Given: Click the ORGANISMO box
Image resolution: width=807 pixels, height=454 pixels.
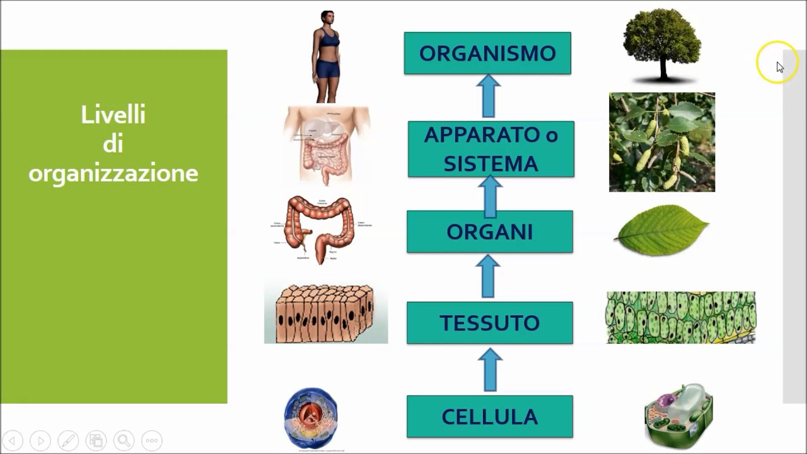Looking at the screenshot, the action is point(487,54).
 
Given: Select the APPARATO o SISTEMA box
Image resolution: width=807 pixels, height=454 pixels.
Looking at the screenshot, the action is point(491,149).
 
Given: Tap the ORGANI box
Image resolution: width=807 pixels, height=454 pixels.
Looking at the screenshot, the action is point(489,232).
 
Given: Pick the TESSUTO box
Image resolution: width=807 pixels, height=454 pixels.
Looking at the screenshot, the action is point(489,323).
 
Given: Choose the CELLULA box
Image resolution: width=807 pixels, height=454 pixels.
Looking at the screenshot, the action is point(489,417).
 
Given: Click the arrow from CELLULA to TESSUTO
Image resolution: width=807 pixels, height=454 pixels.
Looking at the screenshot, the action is point(489,371).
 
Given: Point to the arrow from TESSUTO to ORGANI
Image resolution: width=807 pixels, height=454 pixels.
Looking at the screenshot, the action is point(488,276).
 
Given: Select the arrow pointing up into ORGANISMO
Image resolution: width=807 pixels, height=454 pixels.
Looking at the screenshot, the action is point(488,96).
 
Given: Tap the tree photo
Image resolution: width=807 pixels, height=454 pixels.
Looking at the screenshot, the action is point(662,44).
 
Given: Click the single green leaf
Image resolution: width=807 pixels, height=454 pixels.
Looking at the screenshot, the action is point(661,230).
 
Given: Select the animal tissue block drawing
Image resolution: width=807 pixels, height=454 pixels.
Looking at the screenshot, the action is point(325,313).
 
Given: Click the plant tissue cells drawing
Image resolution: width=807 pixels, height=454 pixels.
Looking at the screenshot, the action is point(680,317).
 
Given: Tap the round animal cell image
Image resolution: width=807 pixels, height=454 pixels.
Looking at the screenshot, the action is point(311,418).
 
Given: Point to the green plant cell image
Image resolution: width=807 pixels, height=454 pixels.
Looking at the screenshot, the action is point(678,414).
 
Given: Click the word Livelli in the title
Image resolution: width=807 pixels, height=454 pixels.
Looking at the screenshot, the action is point(113,115).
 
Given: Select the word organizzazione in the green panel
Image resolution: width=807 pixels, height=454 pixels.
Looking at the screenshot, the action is point(113,173).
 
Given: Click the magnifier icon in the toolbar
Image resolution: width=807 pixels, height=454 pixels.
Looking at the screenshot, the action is point(124,440).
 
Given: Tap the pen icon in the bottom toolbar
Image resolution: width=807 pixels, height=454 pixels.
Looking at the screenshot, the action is point(68,440).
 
